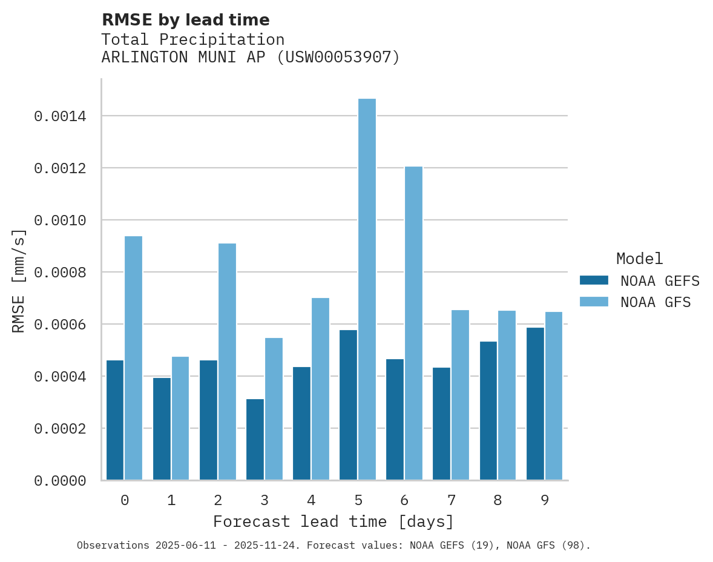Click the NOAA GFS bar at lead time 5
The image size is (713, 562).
[x=367, y=289]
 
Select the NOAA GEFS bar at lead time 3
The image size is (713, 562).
[x=255, y=440]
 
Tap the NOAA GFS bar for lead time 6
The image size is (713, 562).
[x=413, y=323]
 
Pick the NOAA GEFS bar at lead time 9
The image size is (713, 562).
[x=535, y=404]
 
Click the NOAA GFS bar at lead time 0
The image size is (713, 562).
[x=133, y=358]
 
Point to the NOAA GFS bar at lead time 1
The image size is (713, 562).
[x=180, y=418]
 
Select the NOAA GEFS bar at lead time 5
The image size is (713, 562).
[x=348, y=405]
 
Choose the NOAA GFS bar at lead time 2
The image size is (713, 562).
[x=227, y=362]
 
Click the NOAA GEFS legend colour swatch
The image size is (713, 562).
[x=594, y=280]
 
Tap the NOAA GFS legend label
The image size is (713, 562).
[x=655, y=302]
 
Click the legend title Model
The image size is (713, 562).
[x=639, y=259]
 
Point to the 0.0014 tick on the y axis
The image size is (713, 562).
[x=59, y=116]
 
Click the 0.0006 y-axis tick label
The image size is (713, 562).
[x=59, y=325]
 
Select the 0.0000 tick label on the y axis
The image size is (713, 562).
[x=59, y=481]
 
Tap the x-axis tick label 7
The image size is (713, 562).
[x=452, y=500]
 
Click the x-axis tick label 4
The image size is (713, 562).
[x=311, y=500]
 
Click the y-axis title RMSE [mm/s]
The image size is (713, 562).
[x=19, y=280]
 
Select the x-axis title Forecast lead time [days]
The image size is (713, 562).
[x=333, y=521]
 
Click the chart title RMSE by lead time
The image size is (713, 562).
[x=185, y=20]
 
